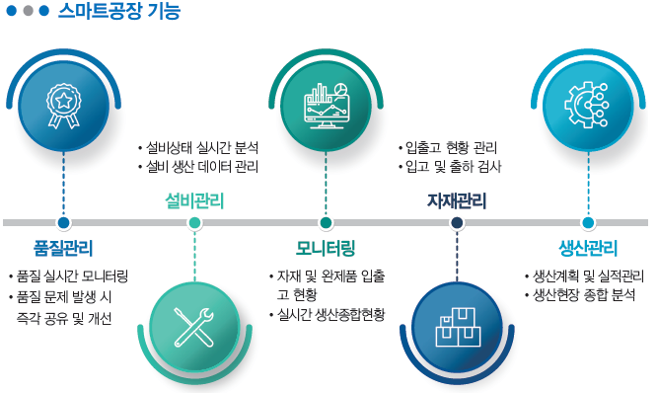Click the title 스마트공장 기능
click(118, 13)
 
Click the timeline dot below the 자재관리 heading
click(457, 223)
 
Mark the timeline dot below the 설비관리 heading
click(194, 223)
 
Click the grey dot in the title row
click(28, 12)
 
